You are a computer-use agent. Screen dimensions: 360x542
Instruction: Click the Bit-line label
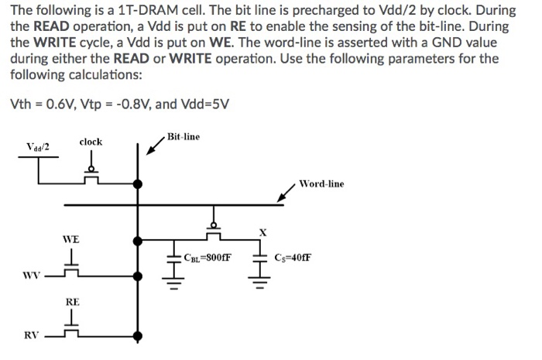pos(183,137)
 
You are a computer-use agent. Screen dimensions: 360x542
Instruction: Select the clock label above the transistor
pos(91,142)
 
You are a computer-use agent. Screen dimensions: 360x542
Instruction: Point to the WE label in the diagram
pos(71,240)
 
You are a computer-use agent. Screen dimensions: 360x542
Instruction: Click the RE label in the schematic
pos(71,300)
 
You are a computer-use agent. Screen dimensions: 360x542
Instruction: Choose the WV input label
pos(31,275)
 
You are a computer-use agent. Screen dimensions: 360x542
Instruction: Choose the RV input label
pos(31,335)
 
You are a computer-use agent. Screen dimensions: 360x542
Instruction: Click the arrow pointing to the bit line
pos(153,146)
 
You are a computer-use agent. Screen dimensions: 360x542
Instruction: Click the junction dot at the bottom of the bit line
pos(138,336)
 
